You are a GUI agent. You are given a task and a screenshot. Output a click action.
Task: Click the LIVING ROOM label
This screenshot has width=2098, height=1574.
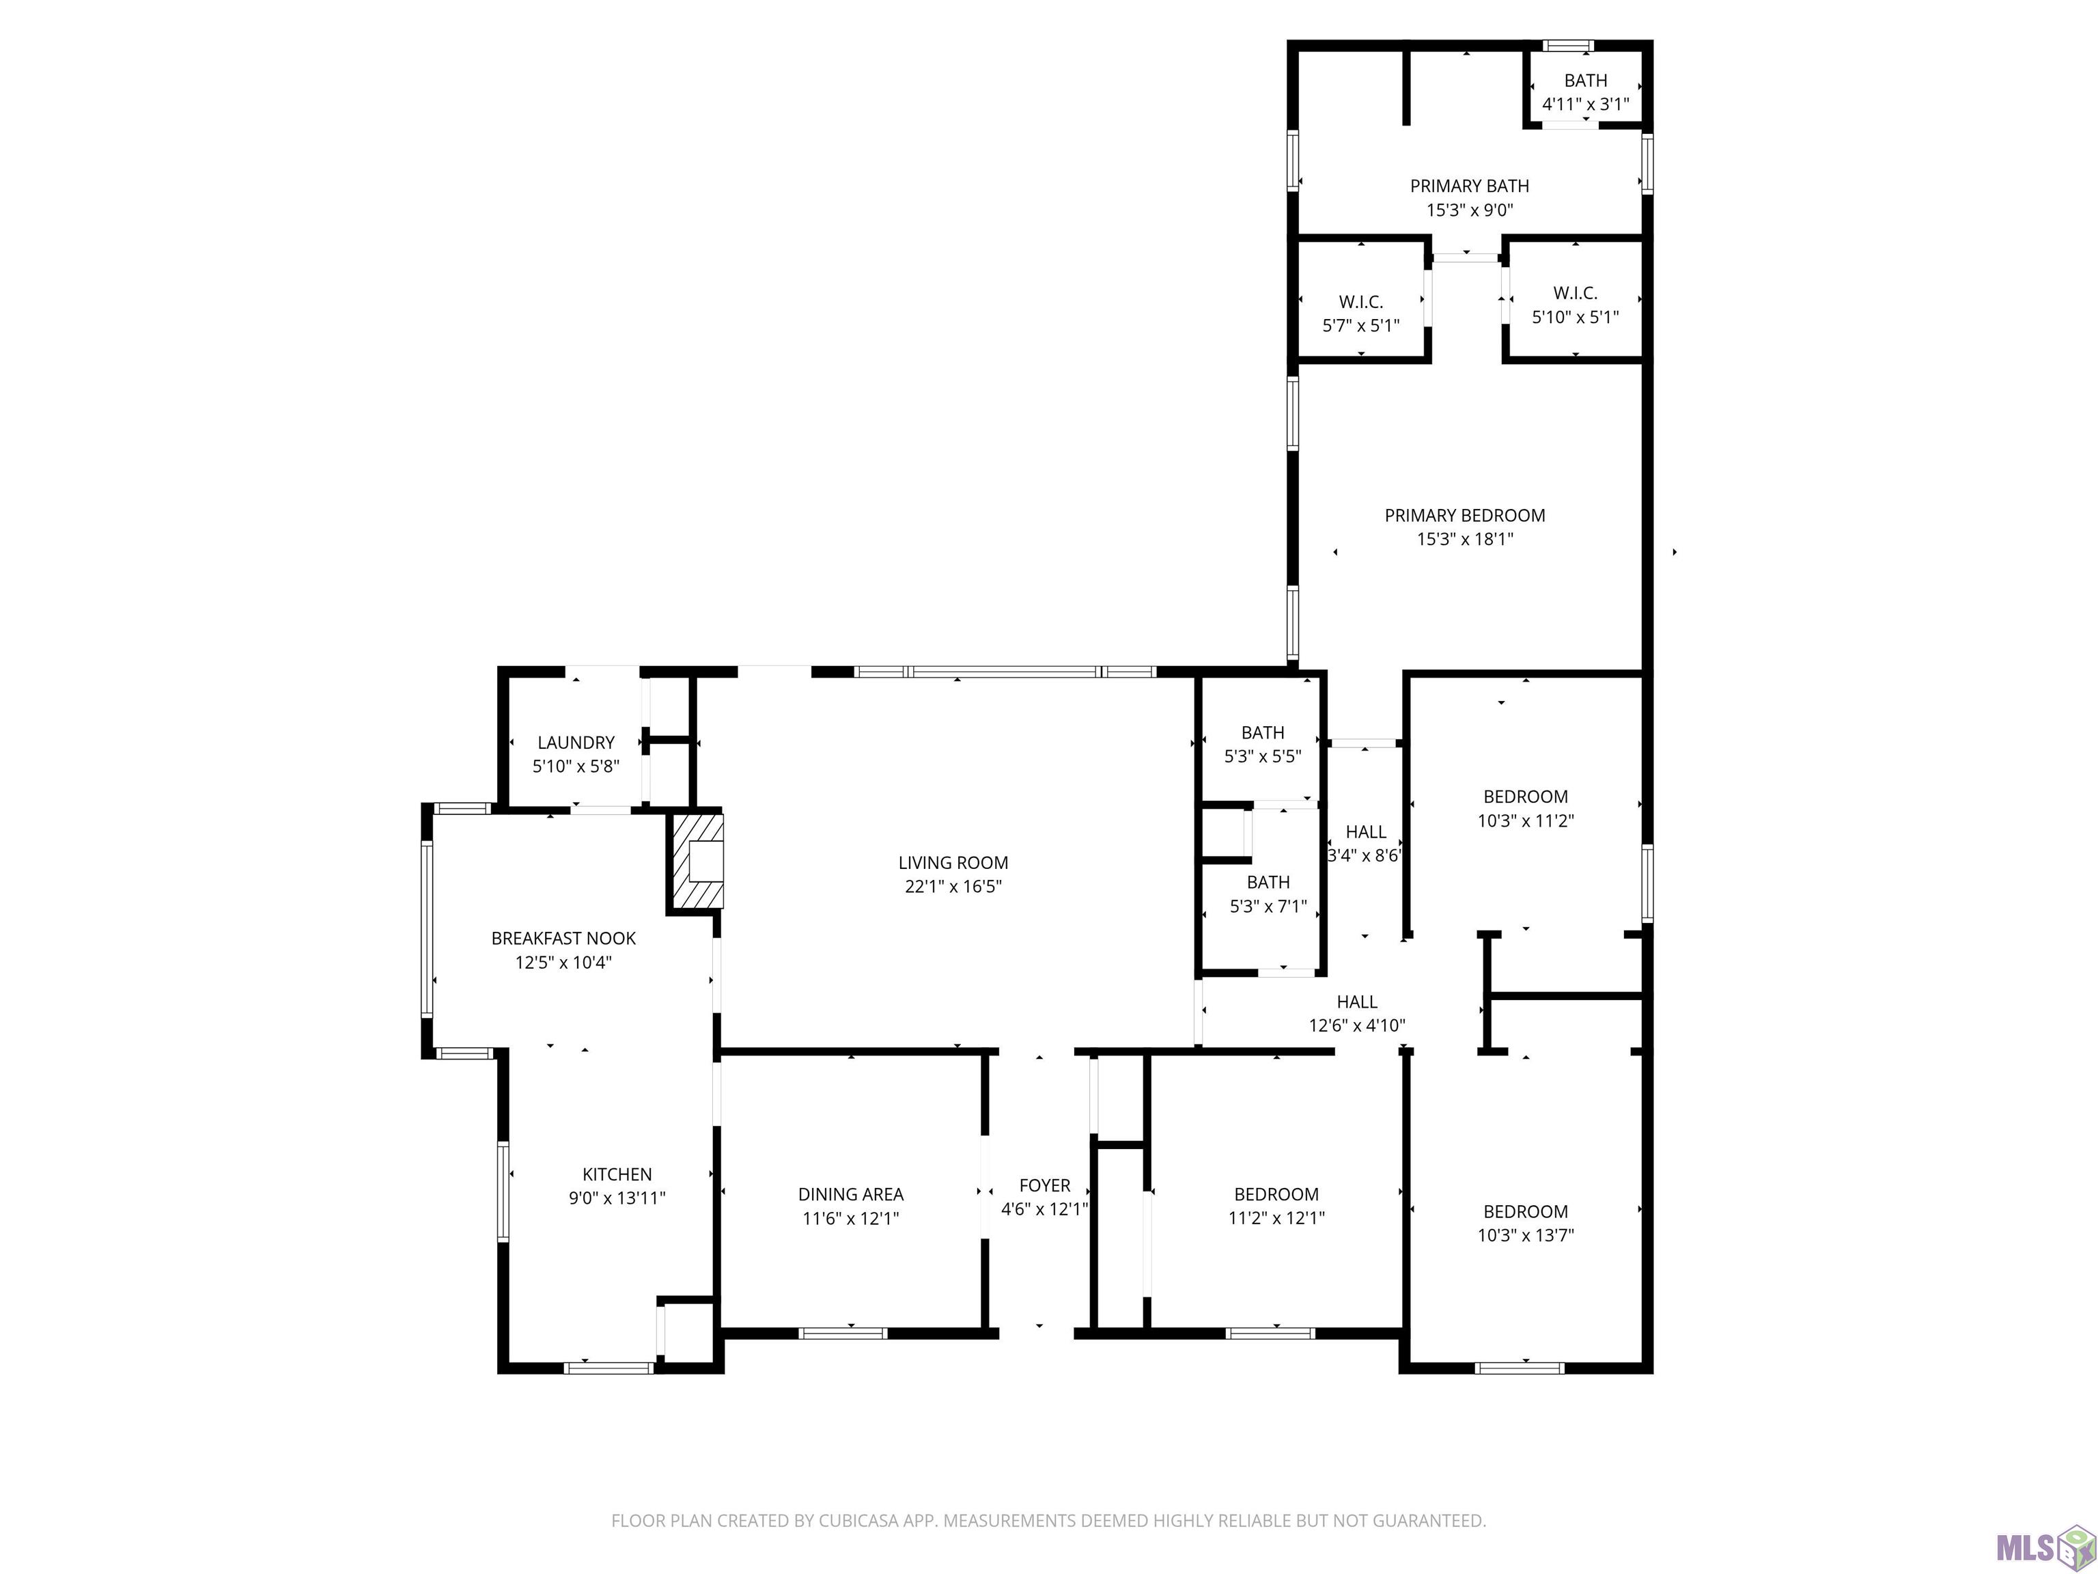953,862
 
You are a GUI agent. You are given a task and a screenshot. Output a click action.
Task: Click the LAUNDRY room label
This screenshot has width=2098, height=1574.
576,742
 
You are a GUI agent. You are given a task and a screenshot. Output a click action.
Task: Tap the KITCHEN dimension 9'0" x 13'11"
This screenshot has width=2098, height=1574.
617,1198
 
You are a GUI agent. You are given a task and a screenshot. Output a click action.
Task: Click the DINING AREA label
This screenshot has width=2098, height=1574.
851,1193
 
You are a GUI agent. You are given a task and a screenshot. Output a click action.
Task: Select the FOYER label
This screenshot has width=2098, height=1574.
1044,1185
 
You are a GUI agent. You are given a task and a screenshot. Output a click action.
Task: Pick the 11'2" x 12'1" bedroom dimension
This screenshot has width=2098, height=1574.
1276,1217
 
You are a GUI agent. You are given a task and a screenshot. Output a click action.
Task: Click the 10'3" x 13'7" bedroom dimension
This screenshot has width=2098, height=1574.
1525,1234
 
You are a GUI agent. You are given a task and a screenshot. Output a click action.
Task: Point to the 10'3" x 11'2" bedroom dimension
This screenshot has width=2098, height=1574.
1525,820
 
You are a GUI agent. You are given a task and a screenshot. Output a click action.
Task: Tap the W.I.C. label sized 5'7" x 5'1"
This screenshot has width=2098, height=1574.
1361,302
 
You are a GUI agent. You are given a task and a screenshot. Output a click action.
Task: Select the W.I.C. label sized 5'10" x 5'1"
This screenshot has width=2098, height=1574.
1576,293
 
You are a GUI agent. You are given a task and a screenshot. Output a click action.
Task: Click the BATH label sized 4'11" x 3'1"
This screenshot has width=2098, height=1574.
1586,81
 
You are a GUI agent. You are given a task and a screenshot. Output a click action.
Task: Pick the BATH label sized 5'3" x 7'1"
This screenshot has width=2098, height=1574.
1268,881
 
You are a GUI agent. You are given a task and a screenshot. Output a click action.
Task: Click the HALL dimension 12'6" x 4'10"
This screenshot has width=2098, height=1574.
1357,1025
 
